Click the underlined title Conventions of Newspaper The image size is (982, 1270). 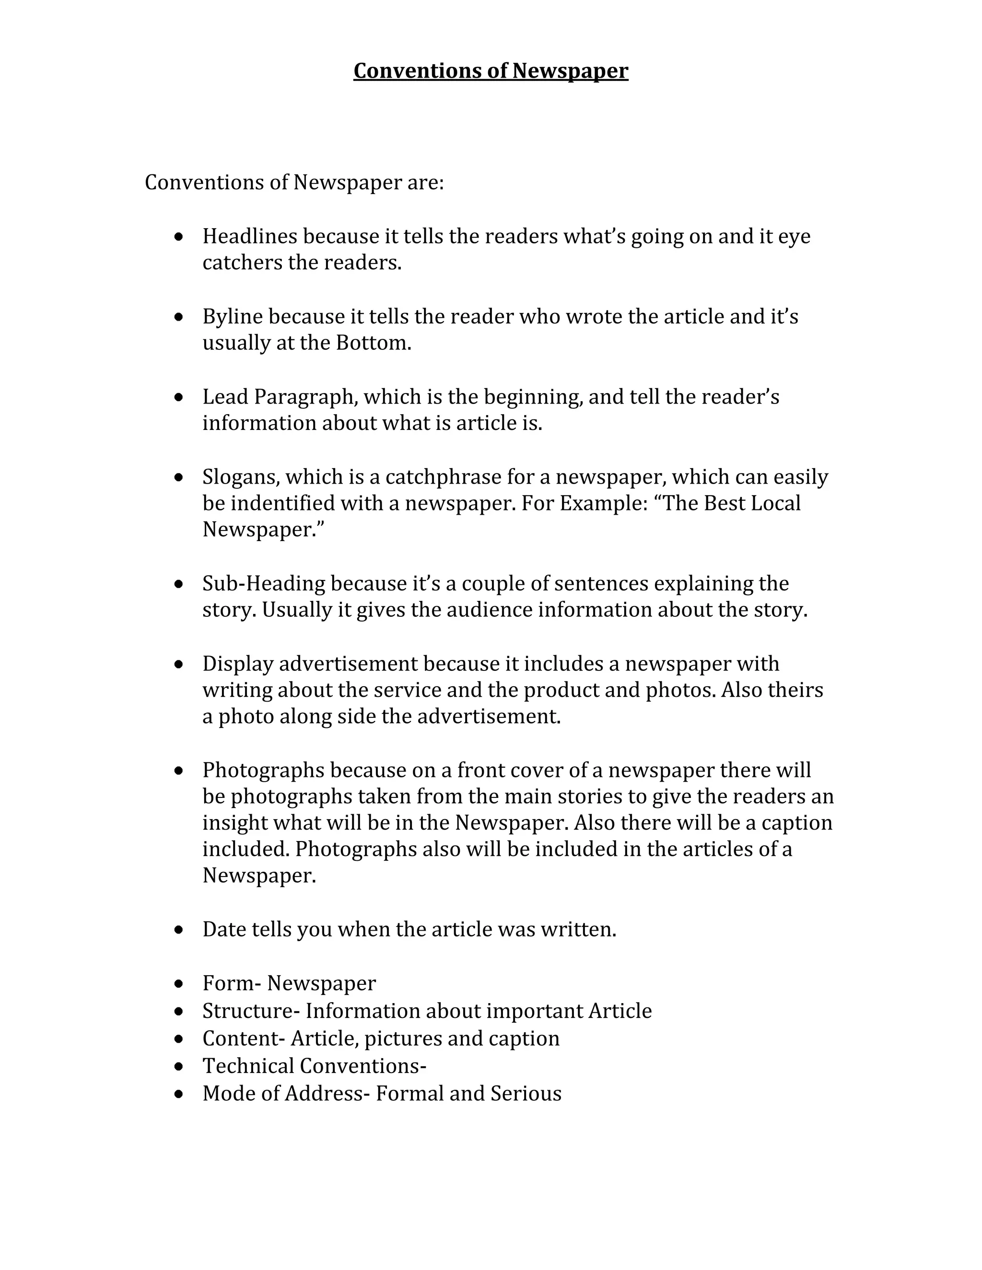491,71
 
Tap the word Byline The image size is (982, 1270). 232,317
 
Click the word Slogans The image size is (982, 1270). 241,477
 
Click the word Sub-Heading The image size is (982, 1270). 264,584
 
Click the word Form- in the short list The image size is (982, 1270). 232,983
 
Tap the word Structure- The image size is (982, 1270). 251,1011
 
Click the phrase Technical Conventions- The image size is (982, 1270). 314,1066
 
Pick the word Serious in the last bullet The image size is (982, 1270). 526,1094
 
